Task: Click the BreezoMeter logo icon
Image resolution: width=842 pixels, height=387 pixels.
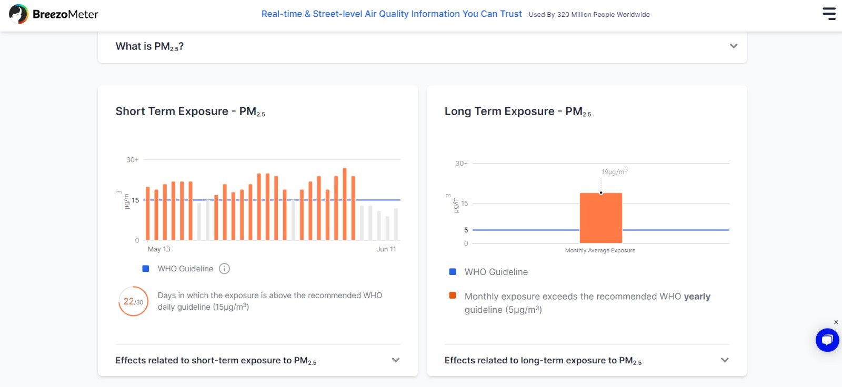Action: point(18,14)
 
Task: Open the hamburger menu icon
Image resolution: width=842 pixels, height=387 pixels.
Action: point(829,14)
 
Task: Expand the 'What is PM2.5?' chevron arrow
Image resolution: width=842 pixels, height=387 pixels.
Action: point(734,46)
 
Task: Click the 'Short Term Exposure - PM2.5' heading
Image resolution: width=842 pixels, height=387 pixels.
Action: point(190,111)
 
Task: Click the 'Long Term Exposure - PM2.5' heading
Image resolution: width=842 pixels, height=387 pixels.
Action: point(518,111)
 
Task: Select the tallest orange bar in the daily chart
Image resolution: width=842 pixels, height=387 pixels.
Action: point(345,204)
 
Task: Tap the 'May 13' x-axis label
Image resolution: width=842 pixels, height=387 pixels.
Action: point(158,249)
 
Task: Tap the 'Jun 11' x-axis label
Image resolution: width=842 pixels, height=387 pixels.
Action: point(386,249)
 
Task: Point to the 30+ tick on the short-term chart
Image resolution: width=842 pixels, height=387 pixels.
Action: point(132,160)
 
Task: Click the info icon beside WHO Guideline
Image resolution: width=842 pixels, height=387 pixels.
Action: point(224,269)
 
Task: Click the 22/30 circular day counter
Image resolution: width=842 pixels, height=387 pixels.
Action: point(134,301)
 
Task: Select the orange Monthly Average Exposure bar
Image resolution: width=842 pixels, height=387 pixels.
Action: point(600,218)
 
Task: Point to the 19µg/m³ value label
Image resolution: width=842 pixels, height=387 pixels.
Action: point(614,171)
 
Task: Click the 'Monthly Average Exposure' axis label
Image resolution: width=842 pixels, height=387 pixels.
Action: point(600,251)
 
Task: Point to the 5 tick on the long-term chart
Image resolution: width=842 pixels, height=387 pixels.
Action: point(466,230)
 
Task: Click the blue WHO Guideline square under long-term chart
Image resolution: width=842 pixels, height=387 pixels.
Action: point(453,272)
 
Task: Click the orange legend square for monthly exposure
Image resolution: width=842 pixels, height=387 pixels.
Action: point(453,296)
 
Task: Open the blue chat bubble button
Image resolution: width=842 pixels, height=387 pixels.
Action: point(827,340)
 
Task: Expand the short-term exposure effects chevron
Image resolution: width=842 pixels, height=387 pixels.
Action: point(395,360)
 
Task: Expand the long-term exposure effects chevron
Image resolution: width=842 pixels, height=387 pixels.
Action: point(725,360)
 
